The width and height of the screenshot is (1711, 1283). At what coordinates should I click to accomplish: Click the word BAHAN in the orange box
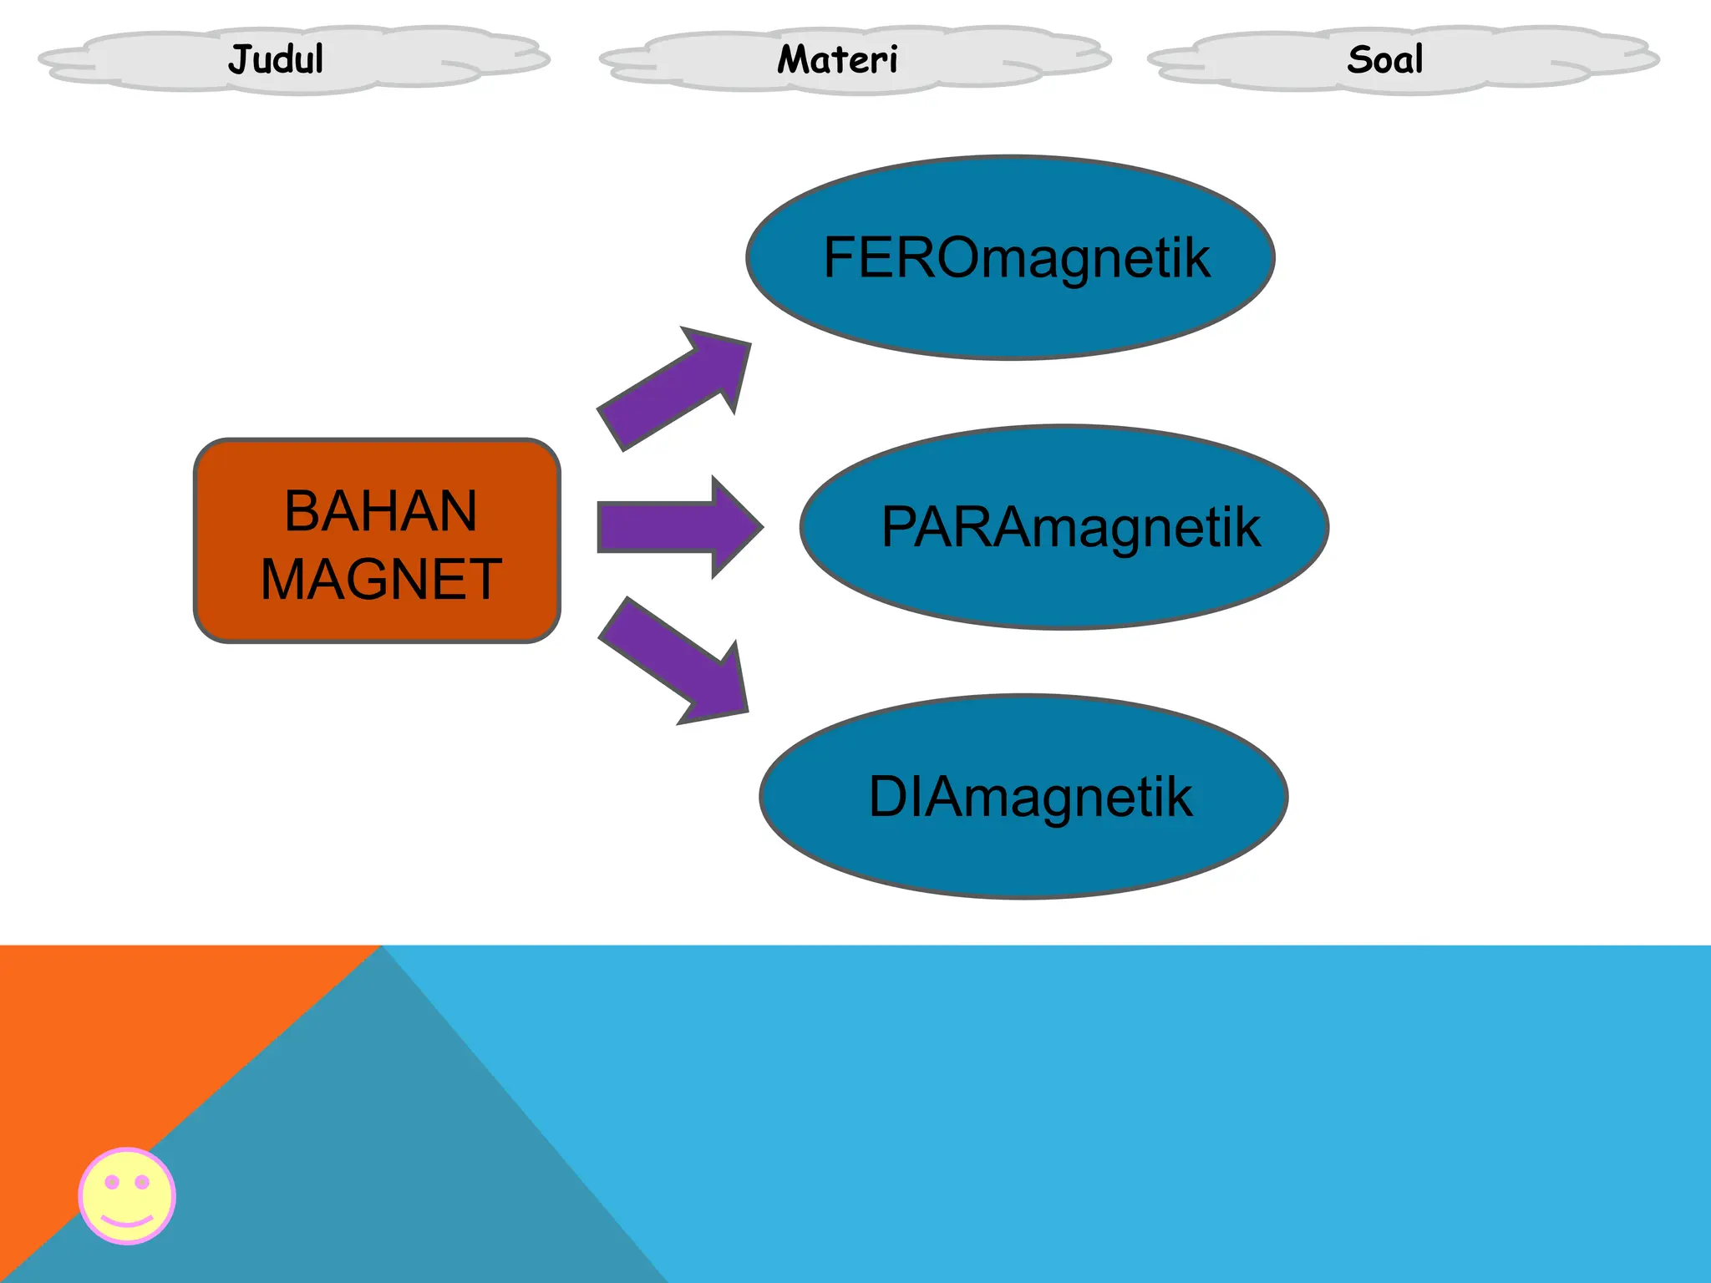pos(380,510)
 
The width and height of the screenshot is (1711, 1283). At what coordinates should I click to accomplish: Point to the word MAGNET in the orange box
pos(380,579)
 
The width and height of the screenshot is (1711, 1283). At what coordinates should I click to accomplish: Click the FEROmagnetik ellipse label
pos(1015,257)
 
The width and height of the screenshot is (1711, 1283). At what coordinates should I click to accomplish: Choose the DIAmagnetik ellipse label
pos(1029,796)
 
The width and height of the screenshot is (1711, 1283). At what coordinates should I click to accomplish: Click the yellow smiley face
pos(127,1195)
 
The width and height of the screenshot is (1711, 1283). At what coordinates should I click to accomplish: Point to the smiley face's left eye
pos(112,1182)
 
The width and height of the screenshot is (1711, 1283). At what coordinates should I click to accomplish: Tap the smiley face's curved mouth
pos(127,1221)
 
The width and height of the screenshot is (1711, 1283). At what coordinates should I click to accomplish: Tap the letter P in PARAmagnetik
pos(901,527)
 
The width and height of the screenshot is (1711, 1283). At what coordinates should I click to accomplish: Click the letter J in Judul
pos(241,60)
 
